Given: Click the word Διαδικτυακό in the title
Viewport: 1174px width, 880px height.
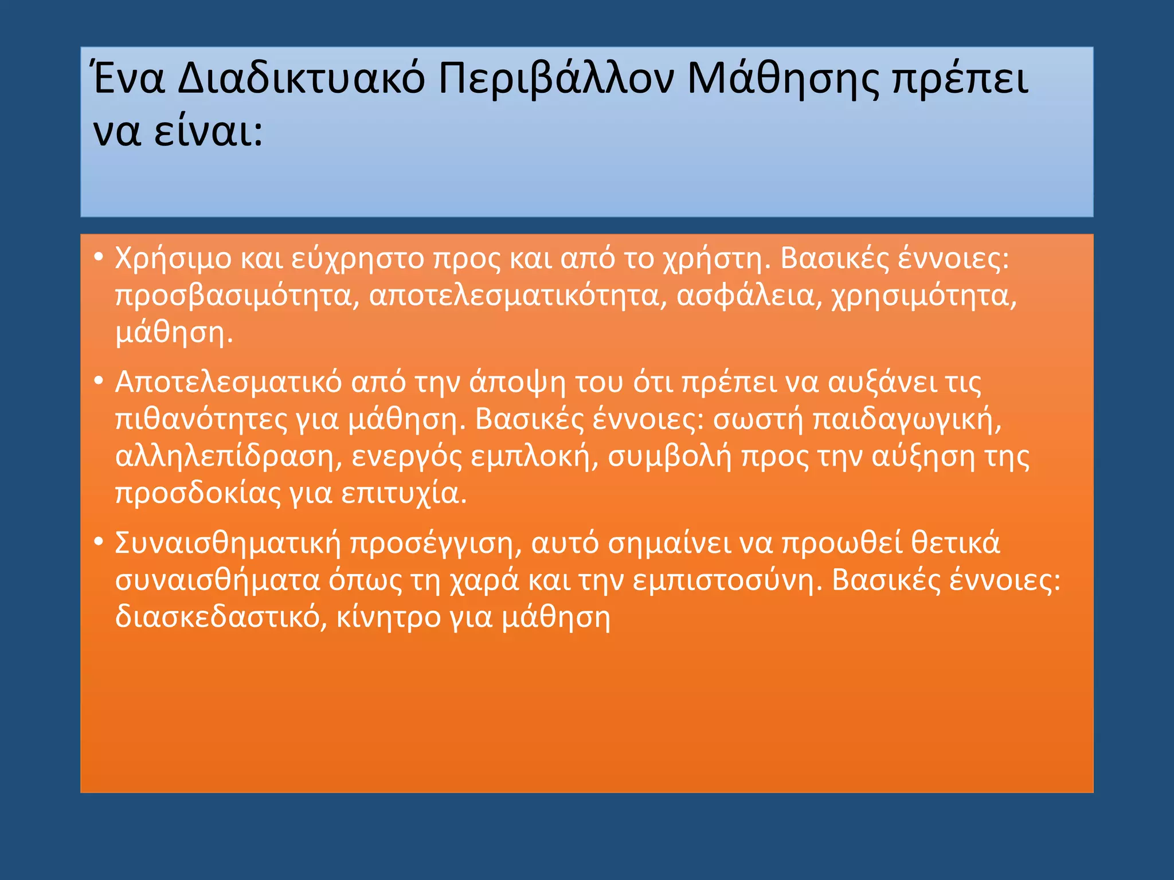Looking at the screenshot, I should pyautogui.click(x=301, y=78).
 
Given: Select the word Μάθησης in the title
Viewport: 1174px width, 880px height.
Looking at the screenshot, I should pyautogui.click(x=782, y=78).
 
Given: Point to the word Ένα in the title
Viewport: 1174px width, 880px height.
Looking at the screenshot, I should pyautogui.click(x=129, y=78).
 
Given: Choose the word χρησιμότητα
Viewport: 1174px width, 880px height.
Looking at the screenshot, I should pyautogui.click(x=923, y=296).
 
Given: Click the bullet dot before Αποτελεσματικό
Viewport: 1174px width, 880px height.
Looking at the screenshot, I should pyautogui.click(x=99, y=380).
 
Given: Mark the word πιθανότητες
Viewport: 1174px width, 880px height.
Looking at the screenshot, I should pyautogui.click(x=201, y=419).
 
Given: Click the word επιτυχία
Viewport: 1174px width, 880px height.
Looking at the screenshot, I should pyautogui.click(x=404, y=494).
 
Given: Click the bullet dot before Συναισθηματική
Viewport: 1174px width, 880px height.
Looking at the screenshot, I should pyautogui.click(x=99, y=541).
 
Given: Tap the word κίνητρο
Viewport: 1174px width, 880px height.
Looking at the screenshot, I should pyautogui.click(x=388, y=618).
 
